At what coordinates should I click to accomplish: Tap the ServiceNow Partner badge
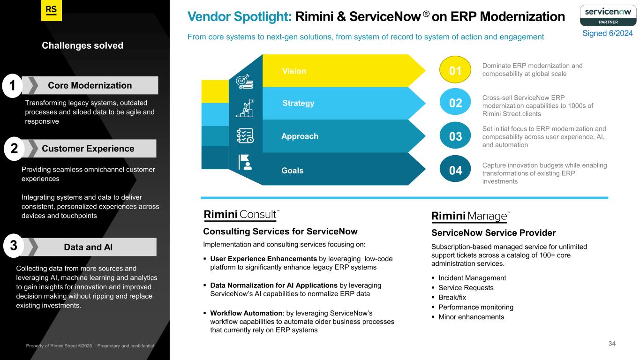(607, 15)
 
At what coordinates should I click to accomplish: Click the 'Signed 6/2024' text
(607, 33)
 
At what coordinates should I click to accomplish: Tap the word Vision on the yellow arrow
(294, 71)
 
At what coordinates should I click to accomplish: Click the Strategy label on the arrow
(298, 103)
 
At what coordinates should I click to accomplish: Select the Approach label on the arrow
(300, 136)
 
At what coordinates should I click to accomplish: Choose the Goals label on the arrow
(292, 171)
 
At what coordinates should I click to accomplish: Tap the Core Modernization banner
(90, 85)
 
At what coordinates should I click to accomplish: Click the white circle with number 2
(14, 149)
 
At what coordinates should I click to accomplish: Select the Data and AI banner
(88, 247)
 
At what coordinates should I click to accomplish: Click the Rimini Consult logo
(241, 215)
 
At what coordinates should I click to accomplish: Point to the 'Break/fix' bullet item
(452, 298)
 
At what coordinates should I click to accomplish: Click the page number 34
(612, 344)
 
